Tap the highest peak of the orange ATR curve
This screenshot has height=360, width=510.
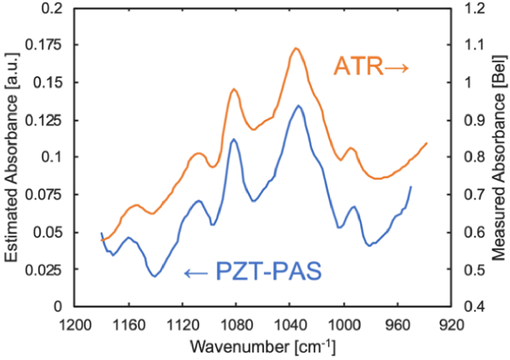tap(296, 48)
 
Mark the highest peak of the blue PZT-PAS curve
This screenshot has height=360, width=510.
tap(299, 106)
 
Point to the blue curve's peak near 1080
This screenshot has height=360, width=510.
tap(234, 139)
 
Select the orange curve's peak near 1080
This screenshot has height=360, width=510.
tap(234, 89)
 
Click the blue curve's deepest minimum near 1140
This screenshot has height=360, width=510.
tap(154, 277)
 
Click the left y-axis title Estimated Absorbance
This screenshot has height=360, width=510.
tap(13, 157)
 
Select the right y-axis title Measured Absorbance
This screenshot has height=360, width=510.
tap(497, 157)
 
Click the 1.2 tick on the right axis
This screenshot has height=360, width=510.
tap(469, 8)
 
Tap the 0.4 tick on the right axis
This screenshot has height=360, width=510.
tap(469, 307)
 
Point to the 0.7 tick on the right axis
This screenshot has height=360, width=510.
tap(469, 195)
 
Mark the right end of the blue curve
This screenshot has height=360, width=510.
tap(411, 186)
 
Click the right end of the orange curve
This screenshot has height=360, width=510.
tap(427, 143)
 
